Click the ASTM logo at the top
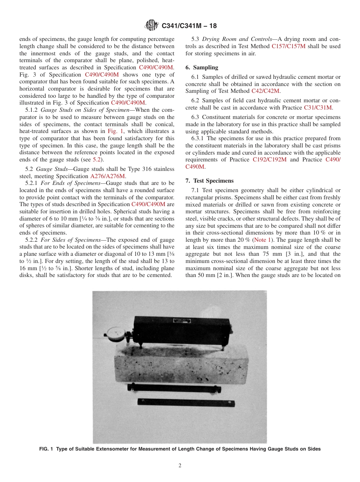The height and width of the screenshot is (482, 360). coord(152,26)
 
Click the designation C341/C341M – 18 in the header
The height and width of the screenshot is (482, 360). coord(189,26)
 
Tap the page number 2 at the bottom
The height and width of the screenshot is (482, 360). coord(180,466)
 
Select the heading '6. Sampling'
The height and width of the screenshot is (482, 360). coord(202,67)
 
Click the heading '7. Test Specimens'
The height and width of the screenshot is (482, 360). coord(210,181)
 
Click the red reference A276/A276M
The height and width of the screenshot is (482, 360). coord(108,176)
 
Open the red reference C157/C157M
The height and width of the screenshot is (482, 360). coord(287,46)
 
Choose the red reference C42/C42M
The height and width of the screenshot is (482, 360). coord(265,91)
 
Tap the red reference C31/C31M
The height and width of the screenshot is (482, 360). coord(318,108)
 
